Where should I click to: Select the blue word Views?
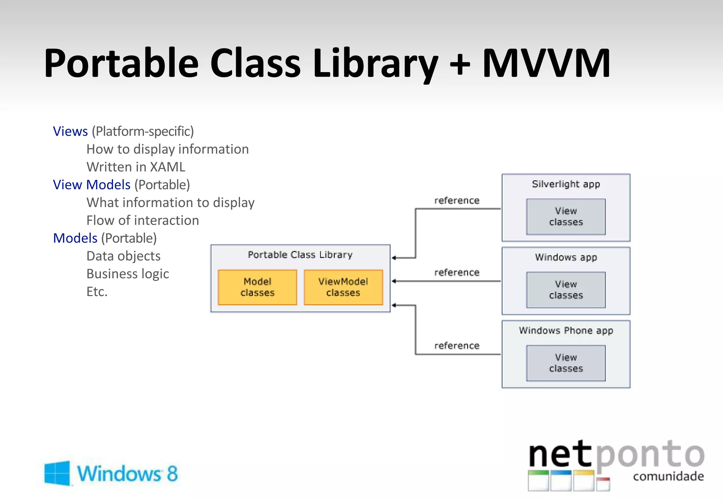[x=70, y=131]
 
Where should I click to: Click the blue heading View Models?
[x=92, y=185]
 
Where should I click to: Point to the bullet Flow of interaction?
[x=143, y=220]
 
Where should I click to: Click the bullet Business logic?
[x=128, y=274]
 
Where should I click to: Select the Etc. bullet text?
[x=97, y=292]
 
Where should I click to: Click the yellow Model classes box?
[x=257, y=287]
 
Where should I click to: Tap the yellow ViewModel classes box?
[x=343, y=287]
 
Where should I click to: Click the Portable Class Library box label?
[x=300, y=255]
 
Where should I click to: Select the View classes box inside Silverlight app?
[x=566, y=217]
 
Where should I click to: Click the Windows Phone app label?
[x=566, y=330]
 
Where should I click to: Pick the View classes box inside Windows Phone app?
[x=566, y=363]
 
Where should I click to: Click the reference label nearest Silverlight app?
[x=457, y=201]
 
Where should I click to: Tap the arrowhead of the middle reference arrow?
[x=394, y=281]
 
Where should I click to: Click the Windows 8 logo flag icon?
[x=57, y=473]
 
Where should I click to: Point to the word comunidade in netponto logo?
[x=668, y=476]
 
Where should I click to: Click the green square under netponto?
[x=538, y=481]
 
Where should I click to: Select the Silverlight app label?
[x=566, y=184]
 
